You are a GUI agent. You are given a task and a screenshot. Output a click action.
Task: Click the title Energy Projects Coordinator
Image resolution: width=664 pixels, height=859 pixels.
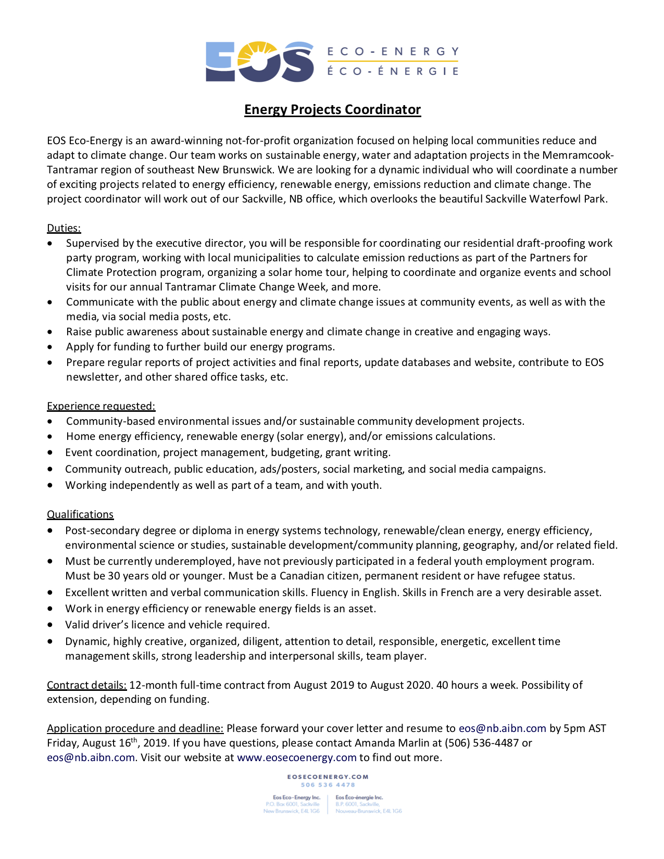coord(332,110)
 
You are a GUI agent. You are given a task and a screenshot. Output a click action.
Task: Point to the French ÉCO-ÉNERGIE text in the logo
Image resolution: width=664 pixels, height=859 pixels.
coord(393,71)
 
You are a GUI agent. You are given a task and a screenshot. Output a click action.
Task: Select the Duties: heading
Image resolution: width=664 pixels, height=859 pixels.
coord(64,228)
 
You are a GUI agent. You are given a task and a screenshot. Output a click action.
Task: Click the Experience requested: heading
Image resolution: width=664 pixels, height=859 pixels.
coord(101,406)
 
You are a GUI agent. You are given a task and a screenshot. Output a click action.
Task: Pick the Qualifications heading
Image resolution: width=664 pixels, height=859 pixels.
coord(80,514)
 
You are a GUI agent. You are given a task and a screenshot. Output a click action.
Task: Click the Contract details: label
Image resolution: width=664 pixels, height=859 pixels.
coord(86,685)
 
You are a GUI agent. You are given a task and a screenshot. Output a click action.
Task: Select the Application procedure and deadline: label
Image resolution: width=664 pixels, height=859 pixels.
coord(135,728)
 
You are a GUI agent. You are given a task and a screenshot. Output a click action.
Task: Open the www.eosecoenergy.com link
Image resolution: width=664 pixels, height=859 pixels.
coord(296,757)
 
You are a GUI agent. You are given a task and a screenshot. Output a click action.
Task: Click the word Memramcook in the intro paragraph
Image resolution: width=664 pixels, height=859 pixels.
coord(578,155)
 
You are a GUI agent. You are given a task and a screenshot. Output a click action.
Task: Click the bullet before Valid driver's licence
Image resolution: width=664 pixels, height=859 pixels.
coord(50,625)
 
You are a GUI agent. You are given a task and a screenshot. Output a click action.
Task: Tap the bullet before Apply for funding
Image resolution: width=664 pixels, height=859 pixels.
coord(50,347)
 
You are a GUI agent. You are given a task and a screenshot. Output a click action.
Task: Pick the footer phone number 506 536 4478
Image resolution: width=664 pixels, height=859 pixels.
coord(328,785)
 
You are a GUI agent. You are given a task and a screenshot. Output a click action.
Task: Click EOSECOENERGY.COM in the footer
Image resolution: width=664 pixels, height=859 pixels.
coord(328,777)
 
